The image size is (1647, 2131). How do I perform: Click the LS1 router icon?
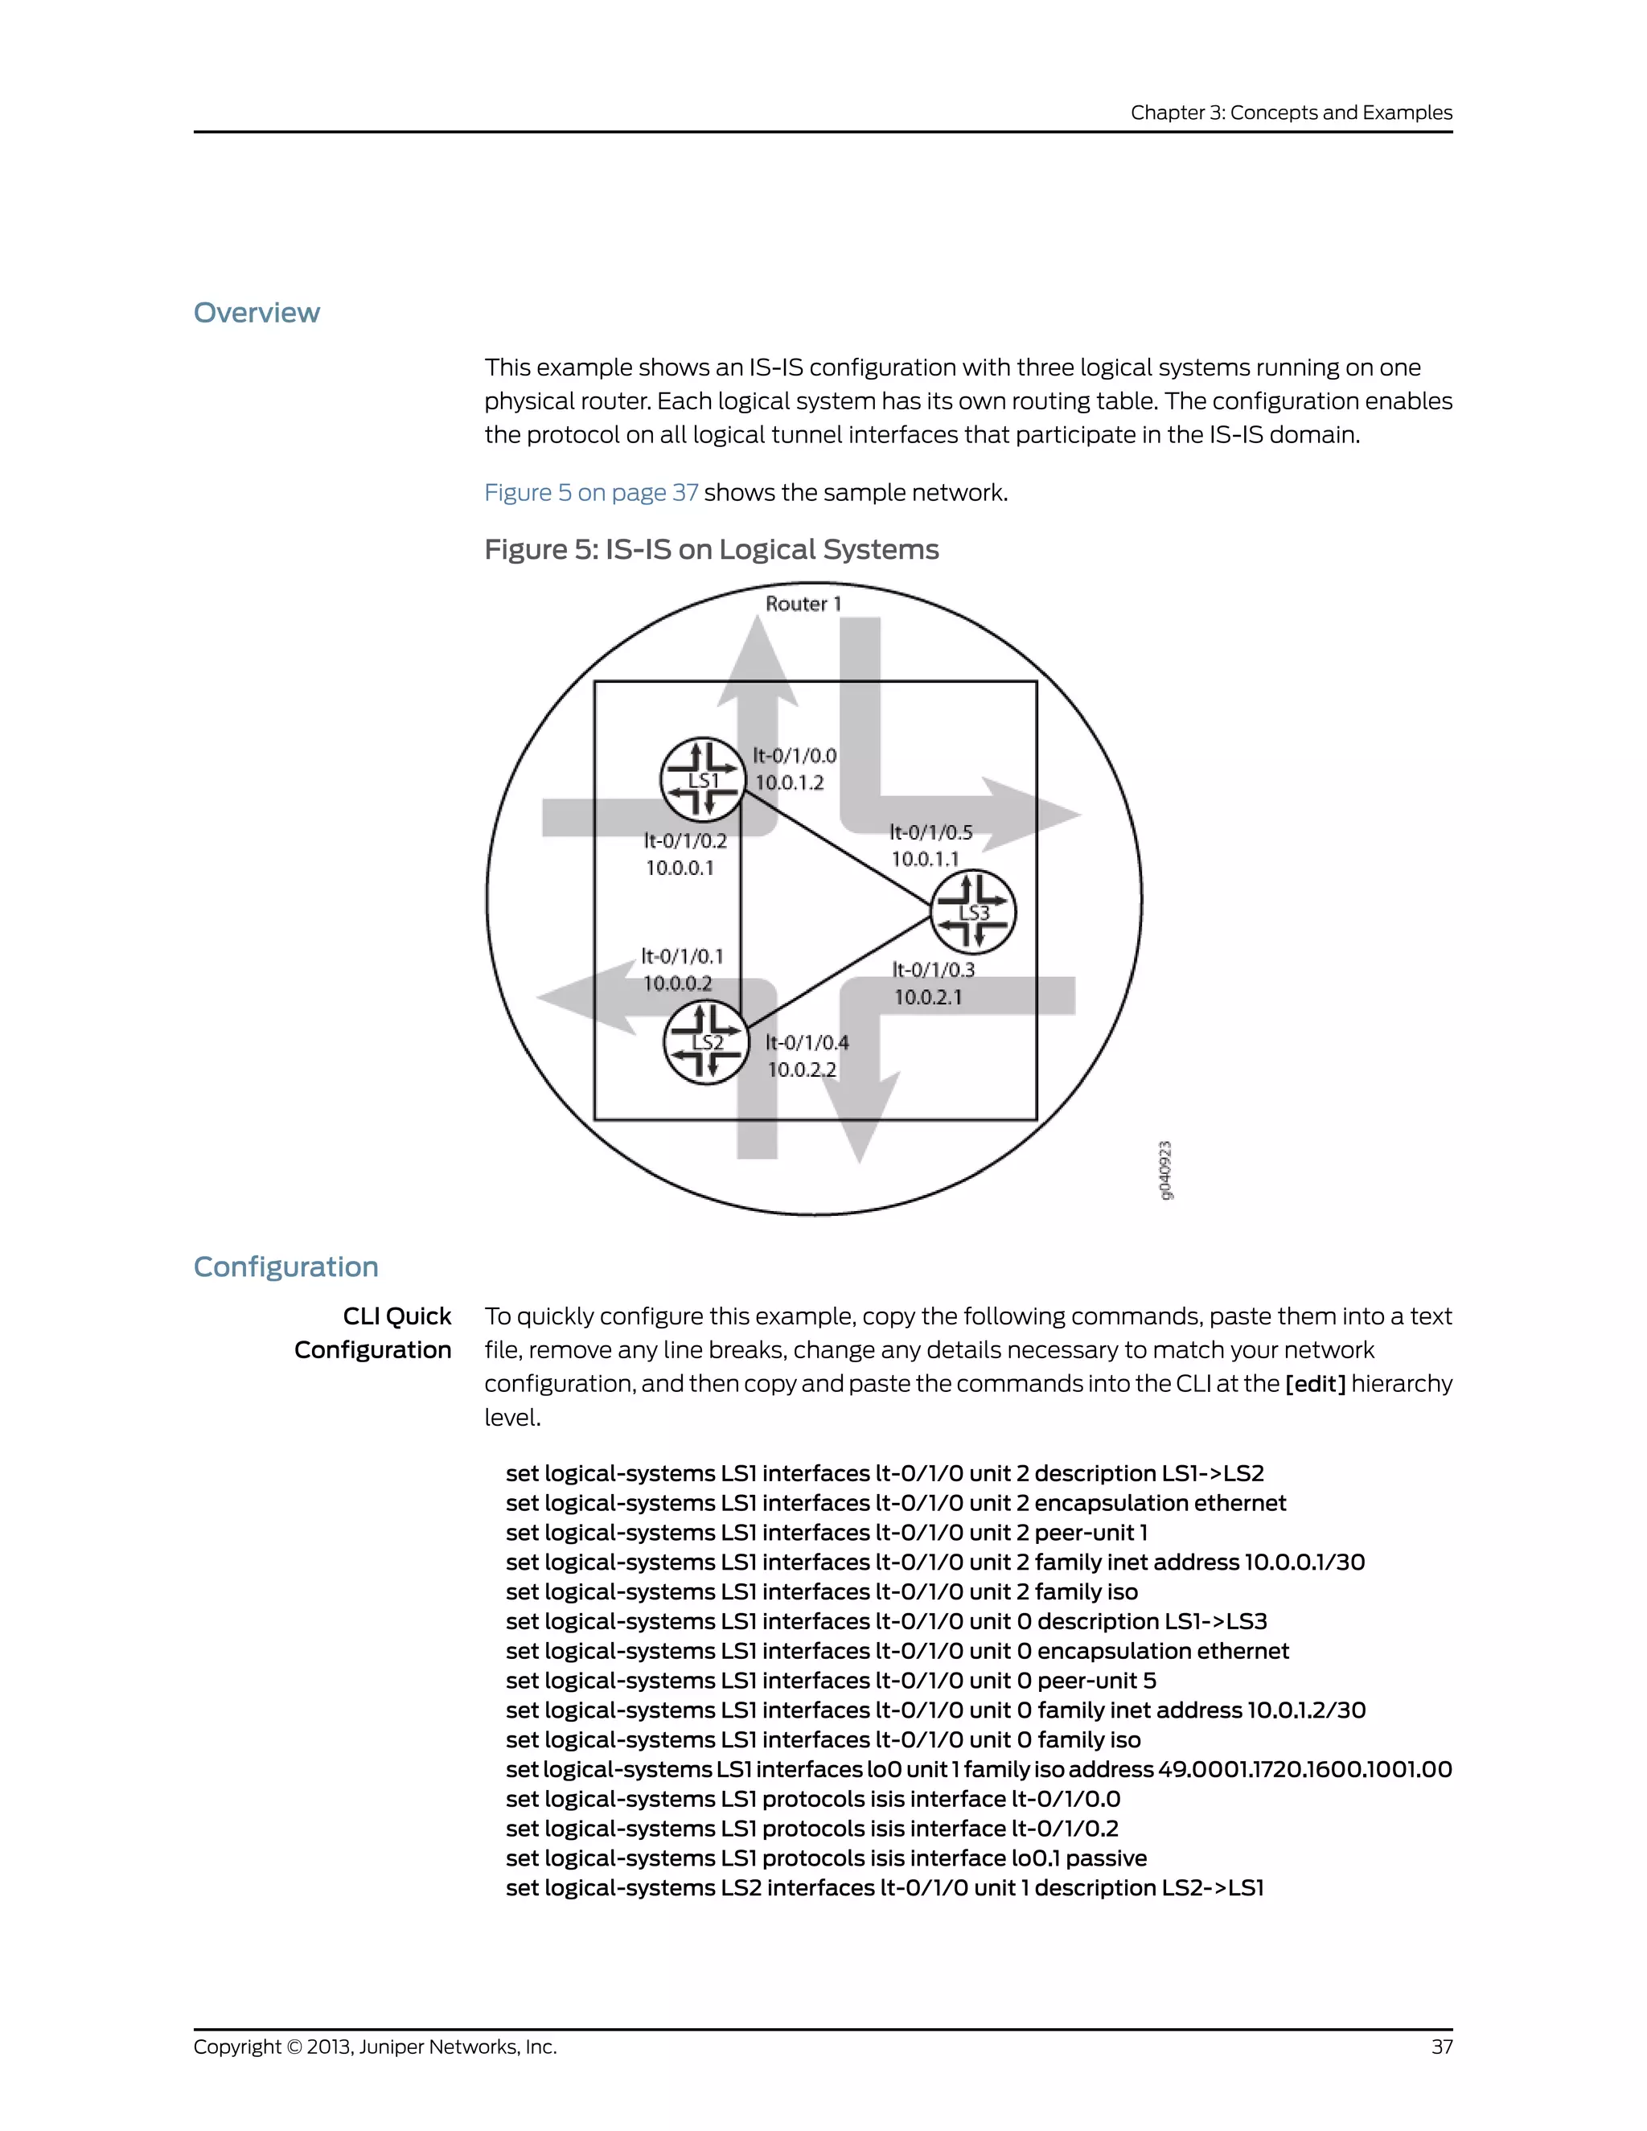point(703,778)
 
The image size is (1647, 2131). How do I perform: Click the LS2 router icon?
point(705,1042)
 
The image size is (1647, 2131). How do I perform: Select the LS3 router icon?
point(973,911)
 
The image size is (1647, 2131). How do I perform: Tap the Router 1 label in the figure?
point(802,604)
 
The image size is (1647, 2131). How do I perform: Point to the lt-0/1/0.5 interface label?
point(930,832)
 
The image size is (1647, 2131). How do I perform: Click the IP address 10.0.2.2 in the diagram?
point(801,1070)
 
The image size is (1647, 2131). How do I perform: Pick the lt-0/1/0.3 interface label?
point(933,970)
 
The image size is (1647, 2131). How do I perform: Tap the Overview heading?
point(257,312)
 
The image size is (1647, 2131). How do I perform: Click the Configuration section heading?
point(285,1267)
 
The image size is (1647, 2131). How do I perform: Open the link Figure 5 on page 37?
point(591,493)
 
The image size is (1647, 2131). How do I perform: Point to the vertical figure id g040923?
point(1165,1170)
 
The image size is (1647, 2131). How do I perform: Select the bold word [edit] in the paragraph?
point(1315,1384)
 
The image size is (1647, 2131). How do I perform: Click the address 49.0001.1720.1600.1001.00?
point(1304,1769)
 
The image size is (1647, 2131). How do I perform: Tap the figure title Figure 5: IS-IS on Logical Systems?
point(711,549)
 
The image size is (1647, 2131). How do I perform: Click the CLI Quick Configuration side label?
point(374,1332)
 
